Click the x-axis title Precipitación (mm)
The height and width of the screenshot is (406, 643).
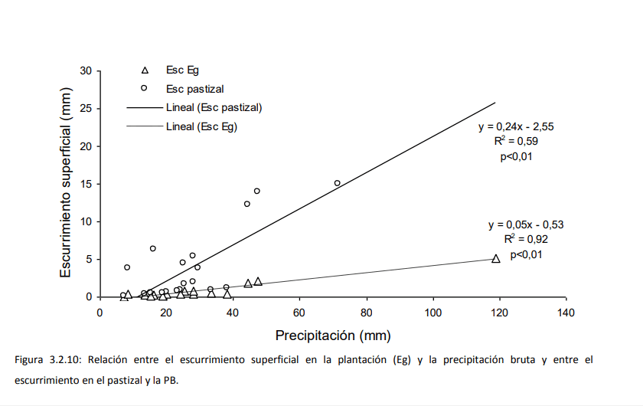pos(333,336)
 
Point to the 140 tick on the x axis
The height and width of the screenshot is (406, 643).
pos(566,312)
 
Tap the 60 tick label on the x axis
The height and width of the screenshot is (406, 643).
pos(300,312)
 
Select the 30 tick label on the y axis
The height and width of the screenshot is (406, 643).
pos(86,71)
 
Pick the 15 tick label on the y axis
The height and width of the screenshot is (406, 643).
pos(86,184)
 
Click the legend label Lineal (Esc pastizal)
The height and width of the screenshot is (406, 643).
pos(214,107)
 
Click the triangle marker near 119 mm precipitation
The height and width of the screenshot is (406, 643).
pos(496,259)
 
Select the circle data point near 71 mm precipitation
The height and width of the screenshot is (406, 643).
pos(337,183)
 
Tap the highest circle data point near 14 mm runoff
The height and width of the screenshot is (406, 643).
pos(257,191)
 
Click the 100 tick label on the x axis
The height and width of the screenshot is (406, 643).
pos(433,312)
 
